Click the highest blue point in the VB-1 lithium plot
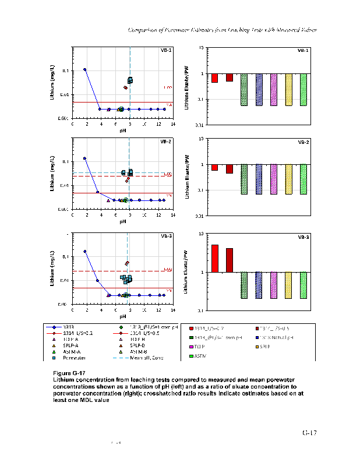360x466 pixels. [85, 69]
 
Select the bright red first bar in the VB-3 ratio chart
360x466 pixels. [215, 258]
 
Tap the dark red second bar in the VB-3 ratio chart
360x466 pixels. [230, 260]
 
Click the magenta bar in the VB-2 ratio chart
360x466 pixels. [274, 179]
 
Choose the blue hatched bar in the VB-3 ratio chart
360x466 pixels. [259, 285]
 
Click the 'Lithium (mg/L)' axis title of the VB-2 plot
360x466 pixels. [52, 174]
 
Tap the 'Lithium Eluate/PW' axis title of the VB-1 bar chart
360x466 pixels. [186, 86]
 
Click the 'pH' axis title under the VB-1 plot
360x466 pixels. [123, 130]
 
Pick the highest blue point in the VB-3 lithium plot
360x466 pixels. [85, 252]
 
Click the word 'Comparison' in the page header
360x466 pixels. [143, 30]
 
